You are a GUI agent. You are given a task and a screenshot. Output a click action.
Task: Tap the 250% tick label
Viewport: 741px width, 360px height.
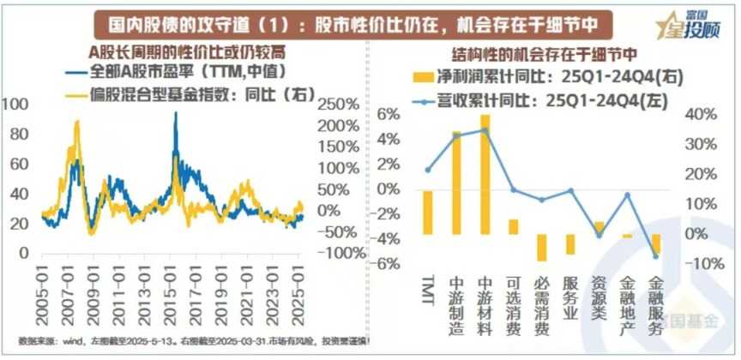(x=339, y=105)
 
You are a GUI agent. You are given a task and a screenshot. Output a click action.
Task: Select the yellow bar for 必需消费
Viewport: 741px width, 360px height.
(x=541, y=247)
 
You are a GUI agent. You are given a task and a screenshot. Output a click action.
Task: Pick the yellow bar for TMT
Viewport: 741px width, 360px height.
(x=428, y=212)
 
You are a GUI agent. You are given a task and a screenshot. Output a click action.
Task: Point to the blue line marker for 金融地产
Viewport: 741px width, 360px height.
(x=627, y=195)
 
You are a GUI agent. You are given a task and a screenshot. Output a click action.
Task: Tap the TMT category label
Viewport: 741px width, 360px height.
(x=428, y=287)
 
